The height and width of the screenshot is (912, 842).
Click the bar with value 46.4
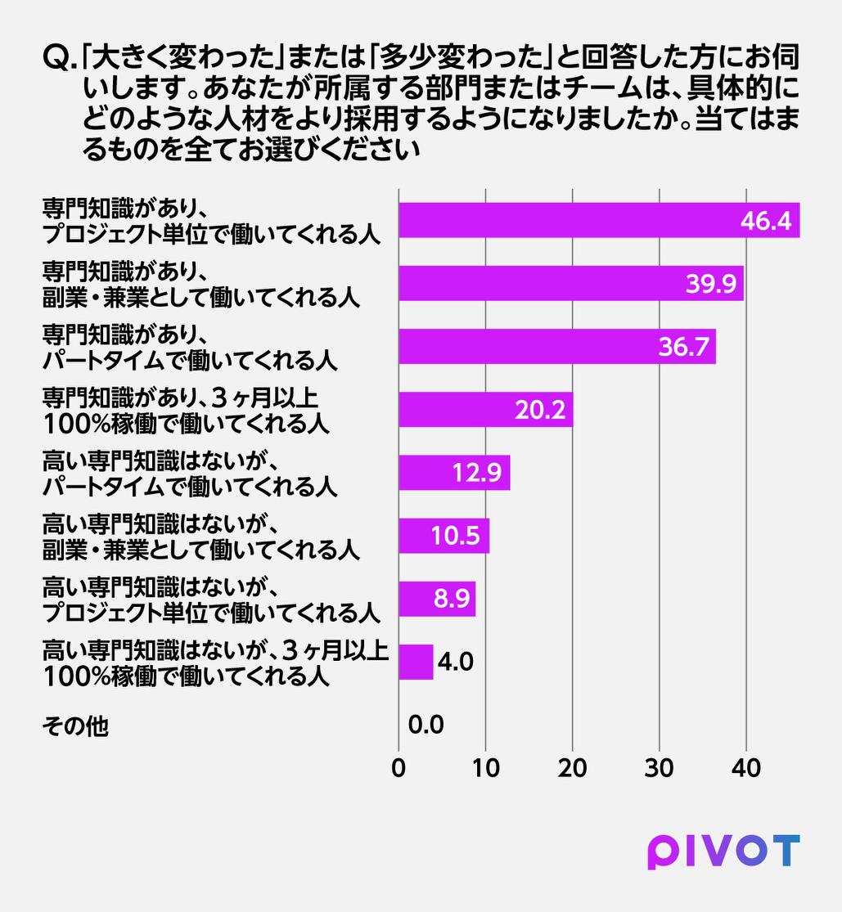[599, 221]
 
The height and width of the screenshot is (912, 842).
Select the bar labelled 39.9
[571, 283]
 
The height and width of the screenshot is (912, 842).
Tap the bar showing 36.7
[557, 347]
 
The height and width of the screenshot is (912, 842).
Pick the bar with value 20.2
[486, 410]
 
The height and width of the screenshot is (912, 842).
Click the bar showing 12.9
[454, 473]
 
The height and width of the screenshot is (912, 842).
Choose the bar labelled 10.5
[444, 536]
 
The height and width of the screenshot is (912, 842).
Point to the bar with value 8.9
[437, 599]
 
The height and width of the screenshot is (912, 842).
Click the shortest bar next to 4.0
[416, 662]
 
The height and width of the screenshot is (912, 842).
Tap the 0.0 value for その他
[426, 725]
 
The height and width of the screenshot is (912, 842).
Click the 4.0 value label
[456, 662]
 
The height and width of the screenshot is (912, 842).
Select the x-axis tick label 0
[398, 768]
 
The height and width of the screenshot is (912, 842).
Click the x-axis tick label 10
[486, 768]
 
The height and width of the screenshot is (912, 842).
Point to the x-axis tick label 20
[572, 768]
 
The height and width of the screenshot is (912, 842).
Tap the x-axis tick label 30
[660, 768]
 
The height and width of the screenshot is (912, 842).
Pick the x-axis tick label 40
[746, 768]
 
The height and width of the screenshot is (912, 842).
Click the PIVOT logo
[724, 852]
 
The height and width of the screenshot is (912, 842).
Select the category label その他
[75, 726]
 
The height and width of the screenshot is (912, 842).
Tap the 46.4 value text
[766, 221]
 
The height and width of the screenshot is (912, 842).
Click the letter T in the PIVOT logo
[785, 851]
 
